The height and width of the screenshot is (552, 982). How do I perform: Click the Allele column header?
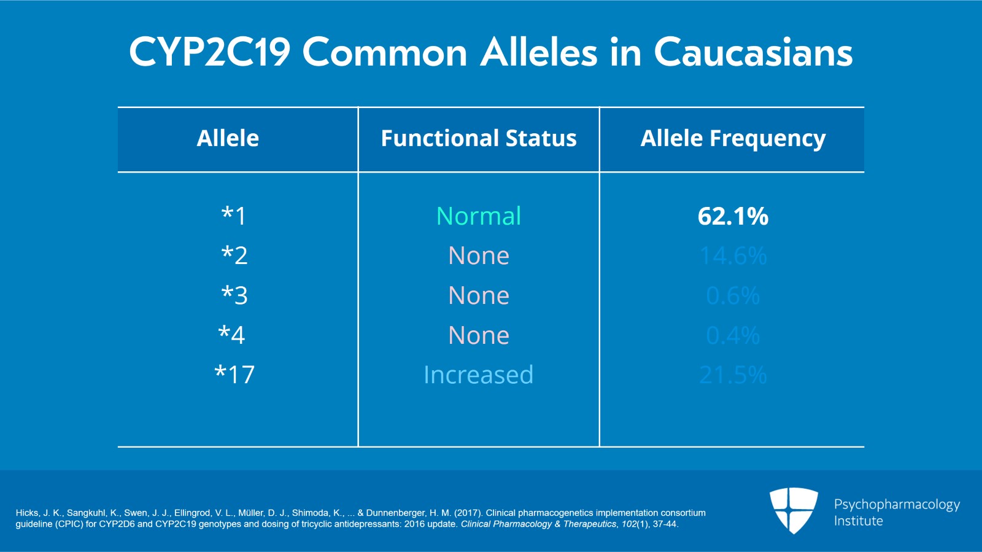228,139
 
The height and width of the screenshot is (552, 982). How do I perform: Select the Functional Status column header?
479,139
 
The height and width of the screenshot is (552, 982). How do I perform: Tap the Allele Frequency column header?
733,139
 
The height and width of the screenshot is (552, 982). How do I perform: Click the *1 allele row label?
234,216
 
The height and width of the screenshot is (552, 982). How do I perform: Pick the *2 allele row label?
234,255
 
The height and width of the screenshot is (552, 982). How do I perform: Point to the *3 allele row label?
234,295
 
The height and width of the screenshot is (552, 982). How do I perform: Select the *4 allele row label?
232,335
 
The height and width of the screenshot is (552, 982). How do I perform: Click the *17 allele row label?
234,375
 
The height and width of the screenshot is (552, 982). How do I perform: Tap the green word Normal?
479,216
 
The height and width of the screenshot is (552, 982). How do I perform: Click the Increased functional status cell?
479,375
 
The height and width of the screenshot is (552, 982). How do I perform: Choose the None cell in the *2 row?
479,255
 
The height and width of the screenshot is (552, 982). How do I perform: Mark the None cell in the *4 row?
479,335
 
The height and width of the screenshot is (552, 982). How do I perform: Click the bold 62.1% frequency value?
733,216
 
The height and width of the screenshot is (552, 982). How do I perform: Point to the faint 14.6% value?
733,256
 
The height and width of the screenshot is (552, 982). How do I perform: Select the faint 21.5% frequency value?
733,375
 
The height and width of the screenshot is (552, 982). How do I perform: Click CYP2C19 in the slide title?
209,52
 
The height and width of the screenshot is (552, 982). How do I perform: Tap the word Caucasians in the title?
753,52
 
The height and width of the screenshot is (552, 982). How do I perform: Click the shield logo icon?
794,510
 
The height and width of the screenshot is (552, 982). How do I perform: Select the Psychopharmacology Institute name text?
897,512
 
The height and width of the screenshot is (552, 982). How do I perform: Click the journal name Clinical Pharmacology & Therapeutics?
538,524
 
